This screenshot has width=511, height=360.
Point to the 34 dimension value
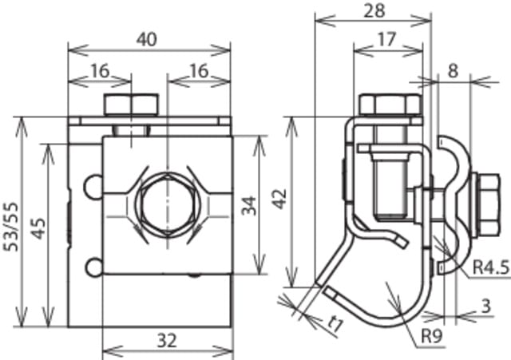coord(251,206)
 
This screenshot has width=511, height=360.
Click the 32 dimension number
coord(165,340)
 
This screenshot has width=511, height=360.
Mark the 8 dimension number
coord(454,70)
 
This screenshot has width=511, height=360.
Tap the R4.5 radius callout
coord(489,267)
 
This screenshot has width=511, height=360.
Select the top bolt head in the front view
coord(130,105)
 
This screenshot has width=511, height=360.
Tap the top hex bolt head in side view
coord(389,105)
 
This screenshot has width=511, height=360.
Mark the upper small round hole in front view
coord(94,186)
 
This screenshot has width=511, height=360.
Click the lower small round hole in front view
coord(94,267)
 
